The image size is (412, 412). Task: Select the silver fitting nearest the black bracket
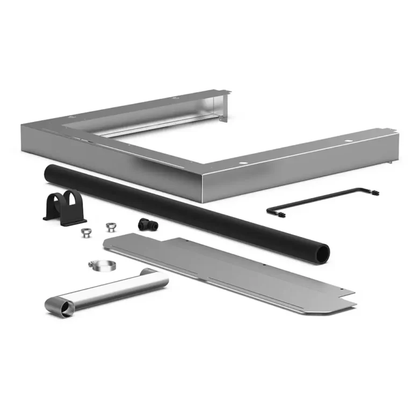pos(85,232)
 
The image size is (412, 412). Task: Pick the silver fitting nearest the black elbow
pos(111,226)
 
